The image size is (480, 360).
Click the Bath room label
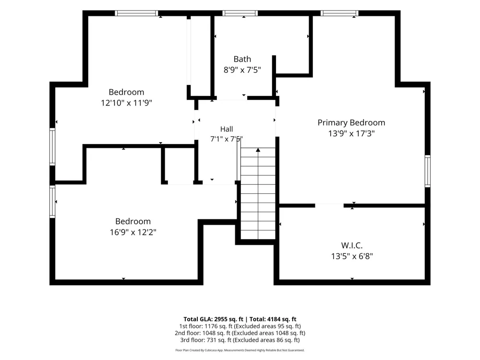pos(242,59)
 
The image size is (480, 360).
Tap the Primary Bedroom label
pos(351,123)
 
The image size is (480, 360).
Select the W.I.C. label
pos(352,245)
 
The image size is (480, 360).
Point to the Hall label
pos(227,129)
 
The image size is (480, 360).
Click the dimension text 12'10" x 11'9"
pos(126,103)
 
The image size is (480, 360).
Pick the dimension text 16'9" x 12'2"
pos(133,232)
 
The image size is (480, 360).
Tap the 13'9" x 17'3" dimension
pos(351,133)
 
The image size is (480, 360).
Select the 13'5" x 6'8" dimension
pos(352,256)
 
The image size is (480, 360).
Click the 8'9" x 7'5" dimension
pos(242,70)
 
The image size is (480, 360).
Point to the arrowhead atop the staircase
pos(258,150)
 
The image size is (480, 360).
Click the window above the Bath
pos(240,13)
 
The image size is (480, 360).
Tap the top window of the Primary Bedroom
pos(339,13)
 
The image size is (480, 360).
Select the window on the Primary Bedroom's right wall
pos(428,171)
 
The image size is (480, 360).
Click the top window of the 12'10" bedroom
pos(136,13)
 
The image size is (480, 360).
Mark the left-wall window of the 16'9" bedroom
pos(52,202)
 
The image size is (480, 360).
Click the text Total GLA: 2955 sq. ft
pos(214,319)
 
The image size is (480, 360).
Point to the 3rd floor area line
pos(240,340)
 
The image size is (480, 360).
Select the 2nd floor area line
pos(240,333)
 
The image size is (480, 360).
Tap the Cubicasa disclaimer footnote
pos(240,350)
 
